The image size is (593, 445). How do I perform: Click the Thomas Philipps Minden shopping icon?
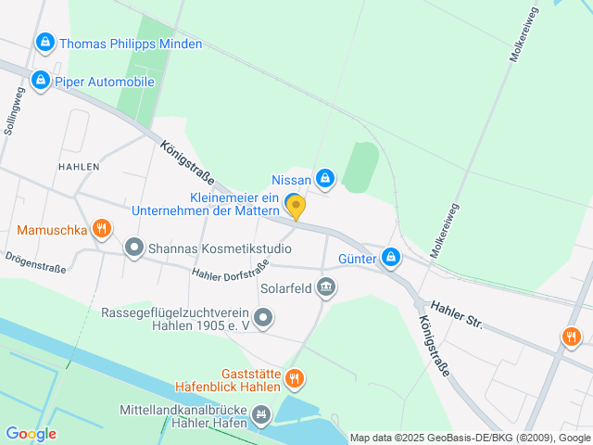[x=44, y=43]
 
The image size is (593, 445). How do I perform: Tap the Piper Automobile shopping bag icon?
[x=40, y=82]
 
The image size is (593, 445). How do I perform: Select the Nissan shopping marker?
[x=324, y=178]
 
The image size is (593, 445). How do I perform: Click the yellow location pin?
[x=296, y=206]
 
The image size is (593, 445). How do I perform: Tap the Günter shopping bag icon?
[x=391, y=257]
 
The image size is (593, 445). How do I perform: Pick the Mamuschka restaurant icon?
[x=102, y=228]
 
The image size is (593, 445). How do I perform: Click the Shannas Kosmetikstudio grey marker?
[x=134, y=248]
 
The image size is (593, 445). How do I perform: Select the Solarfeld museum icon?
[x=326, y=288]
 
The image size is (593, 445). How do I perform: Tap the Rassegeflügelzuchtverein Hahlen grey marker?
[x=264, y=319]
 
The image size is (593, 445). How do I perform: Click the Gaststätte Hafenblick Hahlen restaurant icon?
[x=294, y=377]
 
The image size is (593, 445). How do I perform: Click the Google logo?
[x=31, y=433]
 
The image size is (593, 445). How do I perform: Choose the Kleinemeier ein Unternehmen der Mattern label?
[x=233, y=205]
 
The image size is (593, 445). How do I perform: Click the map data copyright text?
[x=470, y=438]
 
